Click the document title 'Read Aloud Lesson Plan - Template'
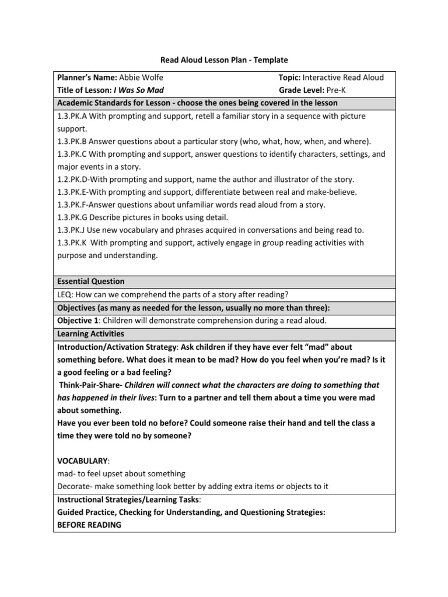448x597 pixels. coord(224,60)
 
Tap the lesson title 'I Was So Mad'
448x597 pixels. coord(139,90)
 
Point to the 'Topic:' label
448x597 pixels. coord(290,78)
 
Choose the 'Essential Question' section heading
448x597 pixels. coord(90,281)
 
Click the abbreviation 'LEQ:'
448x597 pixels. coord(66,294)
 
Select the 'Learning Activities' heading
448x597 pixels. coord(90,334)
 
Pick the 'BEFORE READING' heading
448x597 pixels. coord(89,525)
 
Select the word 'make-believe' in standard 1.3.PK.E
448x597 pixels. coord(335,192)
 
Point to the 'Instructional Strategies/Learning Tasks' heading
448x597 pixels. coord(128,500)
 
